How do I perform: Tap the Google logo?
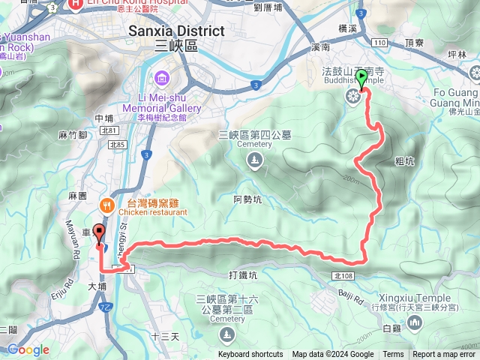(x=28, y=349)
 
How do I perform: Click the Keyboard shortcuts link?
(x=250, y=355)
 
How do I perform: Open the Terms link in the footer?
(x=393, y=355)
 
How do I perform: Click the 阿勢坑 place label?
(x=247, y=199)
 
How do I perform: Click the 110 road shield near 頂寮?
(x=378, y=43)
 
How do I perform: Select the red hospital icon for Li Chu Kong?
(x=76, y=4)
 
